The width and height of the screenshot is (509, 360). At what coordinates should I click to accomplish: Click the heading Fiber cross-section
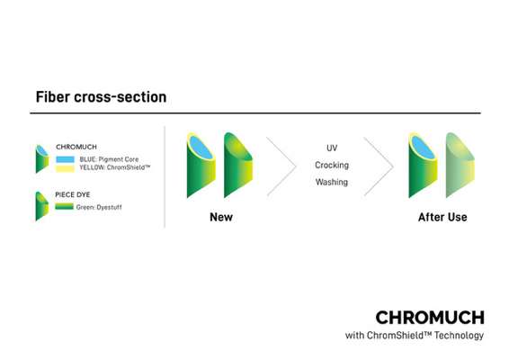(x=101, y=97)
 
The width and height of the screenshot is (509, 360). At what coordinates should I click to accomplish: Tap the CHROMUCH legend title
(x=76, y=147)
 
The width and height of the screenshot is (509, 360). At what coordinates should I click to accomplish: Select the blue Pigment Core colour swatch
(x=65, y=159)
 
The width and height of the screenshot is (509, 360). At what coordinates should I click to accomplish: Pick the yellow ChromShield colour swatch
(x=65, y=168)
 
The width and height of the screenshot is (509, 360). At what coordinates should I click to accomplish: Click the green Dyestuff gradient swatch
(x=64, y=206)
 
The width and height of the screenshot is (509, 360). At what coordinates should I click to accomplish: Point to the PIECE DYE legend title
(x=73, y=194)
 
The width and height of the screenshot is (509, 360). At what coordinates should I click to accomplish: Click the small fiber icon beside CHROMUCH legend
(x=42, y=158)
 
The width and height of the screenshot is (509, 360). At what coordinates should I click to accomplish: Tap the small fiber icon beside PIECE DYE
(x=42, y=206)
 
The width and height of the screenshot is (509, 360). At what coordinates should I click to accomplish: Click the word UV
(x=332, y=148)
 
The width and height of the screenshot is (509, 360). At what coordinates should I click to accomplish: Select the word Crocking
(x=332, y=165)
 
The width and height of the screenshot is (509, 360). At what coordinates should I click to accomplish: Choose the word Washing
(x=332, y=182)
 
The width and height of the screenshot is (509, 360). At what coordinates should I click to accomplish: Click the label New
(x=221, y=217)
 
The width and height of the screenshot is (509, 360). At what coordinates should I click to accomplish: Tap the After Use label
(x=442, y=217)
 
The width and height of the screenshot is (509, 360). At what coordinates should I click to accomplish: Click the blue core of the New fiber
(x=201, y=148)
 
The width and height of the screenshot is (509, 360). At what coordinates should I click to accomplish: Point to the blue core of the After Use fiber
(x=423, y=148)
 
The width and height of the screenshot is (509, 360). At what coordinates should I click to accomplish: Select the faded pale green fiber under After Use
(x=460, y=165)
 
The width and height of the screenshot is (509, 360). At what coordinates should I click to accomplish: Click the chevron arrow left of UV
(x=281, y=166)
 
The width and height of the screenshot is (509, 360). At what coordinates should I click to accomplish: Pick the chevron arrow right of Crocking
(x=379, y=166)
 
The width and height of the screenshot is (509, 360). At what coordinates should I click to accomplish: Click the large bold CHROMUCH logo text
(x=430, y=318)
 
